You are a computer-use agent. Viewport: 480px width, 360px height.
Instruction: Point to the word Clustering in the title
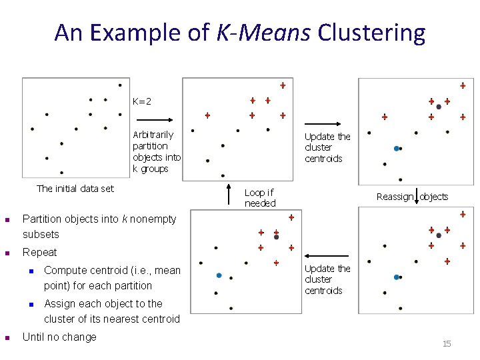tap(371, 32)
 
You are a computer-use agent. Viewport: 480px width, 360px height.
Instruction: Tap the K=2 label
tap(142, 102)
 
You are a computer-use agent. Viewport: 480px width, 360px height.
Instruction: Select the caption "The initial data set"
tap(75, 189)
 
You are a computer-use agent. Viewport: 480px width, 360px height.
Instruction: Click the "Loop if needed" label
tap(259, 198)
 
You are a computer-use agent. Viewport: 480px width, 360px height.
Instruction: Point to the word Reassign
tap(395, 197)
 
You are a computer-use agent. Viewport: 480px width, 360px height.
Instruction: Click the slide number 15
tap(447, 343)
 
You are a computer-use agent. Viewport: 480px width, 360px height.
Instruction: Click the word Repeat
tap(40, 253)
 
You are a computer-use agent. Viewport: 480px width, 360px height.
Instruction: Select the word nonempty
tap(152, 219)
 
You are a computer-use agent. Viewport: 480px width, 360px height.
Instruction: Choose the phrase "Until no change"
tap(59, 337)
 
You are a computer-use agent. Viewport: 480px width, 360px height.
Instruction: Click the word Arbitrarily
tap(153, 135)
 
